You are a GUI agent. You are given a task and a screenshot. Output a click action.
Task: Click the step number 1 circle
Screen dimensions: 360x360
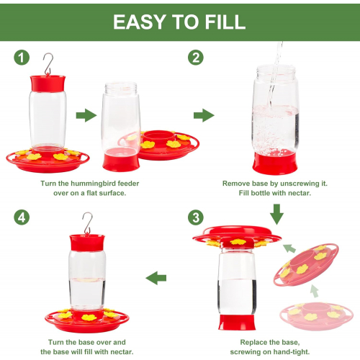(x=22, y=58)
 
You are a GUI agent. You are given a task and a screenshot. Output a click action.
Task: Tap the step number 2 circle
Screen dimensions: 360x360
(x=196, y=58)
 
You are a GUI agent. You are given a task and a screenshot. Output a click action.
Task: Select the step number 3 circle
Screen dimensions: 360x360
(x=196, y=217)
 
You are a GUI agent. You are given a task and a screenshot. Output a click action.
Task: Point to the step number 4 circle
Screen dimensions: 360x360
(x=22, y=217)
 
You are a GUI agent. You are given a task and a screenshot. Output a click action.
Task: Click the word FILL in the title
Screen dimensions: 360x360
(x=225, y=22)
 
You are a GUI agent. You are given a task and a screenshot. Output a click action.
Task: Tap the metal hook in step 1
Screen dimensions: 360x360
(x=48, y=63)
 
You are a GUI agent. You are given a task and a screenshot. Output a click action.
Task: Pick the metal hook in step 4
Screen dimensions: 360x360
(x=88, y=223)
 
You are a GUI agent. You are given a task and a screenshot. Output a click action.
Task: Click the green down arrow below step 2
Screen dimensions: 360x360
(x=276, y=214)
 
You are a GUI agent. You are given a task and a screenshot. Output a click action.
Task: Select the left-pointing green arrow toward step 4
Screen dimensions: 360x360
(x=156, y=278)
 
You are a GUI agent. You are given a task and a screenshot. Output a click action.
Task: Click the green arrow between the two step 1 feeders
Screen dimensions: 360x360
(x=86, y=115)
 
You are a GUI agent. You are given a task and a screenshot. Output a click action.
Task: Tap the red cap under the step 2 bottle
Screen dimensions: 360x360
(x=275, y=163)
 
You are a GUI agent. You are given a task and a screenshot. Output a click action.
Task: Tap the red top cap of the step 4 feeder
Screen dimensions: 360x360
(x=87, y=243)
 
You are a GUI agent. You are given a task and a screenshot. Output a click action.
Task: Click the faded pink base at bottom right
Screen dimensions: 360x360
(x=317, y=316)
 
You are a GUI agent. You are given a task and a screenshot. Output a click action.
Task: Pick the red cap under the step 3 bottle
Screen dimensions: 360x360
(x=237, y=323)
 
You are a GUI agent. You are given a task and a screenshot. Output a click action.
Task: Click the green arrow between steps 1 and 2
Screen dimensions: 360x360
(x=204, y=115)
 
